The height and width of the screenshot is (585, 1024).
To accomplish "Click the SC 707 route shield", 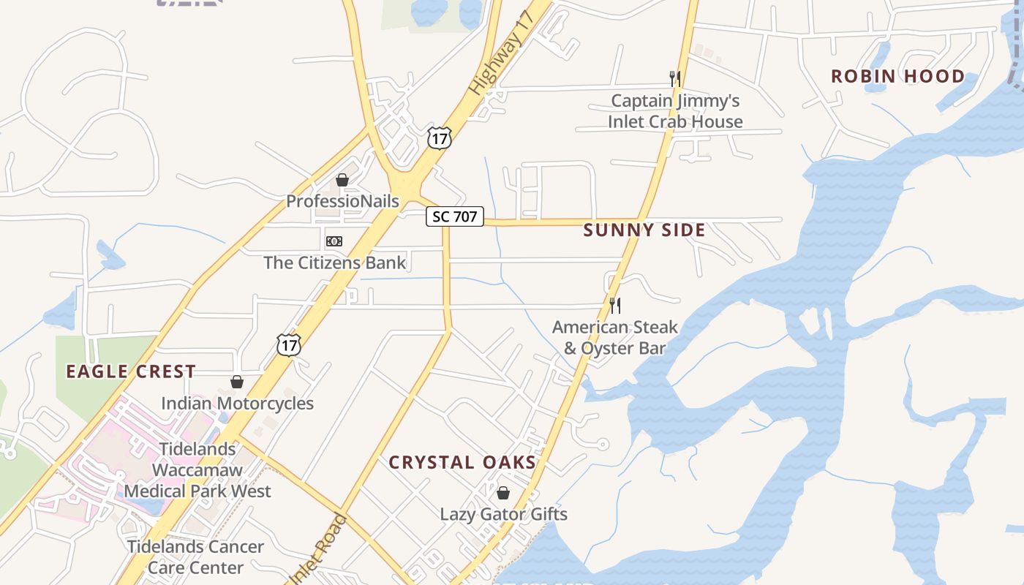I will [455, 216].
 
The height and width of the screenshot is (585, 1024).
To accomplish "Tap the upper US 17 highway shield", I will [440, 137].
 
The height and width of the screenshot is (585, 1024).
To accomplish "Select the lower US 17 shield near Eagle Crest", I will [289, 344].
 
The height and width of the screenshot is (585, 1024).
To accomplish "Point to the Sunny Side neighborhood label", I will [644, 230].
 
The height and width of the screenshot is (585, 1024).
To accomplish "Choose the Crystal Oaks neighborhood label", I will [462, 462].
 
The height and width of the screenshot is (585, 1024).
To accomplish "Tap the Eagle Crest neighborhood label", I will [131, 371].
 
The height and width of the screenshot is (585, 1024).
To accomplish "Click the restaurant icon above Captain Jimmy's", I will [675, 78].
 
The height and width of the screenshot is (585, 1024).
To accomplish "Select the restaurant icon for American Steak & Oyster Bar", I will [615, 305].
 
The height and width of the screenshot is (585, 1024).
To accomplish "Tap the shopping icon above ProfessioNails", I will [342, 180].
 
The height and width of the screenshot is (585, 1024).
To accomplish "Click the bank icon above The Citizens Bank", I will [334, 241].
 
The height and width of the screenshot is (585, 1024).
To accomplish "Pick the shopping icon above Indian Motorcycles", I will [237, 382].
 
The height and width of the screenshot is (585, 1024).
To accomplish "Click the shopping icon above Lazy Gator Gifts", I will [502, 493].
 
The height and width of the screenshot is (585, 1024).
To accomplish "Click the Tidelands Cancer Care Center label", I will [195, 556].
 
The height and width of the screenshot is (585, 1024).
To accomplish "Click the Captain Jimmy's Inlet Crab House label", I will [675, 111].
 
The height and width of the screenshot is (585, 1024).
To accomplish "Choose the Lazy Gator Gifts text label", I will [503, 514].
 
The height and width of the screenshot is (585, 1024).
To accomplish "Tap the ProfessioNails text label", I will [342, 201].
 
